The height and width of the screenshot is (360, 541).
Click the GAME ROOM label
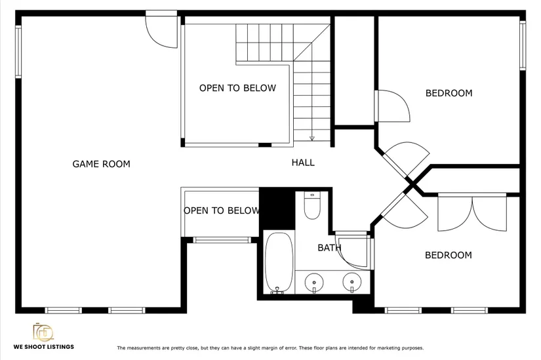point(101,164)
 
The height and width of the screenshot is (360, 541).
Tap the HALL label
point(303,163)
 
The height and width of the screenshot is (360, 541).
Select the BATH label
point(329,248)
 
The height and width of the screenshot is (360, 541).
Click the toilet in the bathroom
point(312,205)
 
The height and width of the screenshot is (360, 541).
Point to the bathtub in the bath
point(279,263)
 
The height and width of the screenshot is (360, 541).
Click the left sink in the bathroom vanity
point(314,283)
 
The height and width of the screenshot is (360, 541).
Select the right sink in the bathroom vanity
point(352,282)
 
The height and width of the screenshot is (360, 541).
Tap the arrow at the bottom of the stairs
point(312,138)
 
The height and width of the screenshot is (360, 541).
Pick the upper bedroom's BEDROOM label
point(449,93)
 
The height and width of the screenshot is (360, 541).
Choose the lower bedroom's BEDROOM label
point(448,256)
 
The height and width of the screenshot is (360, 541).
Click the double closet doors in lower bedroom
point(472,213)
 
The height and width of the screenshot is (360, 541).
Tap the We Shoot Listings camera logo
point(43,332)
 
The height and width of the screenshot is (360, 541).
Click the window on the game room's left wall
point(18,51)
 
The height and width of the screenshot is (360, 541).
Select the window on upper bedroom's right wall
point(523,45)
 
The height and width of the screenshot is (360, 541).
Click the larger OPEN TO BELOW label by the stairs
point(238,88)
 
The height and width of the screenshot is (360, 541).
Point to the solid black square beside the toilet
point(277,209)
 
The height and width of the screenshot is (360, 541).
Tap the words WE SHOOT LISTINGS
point(44,347)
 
